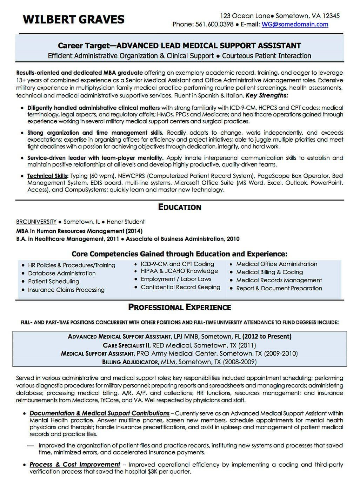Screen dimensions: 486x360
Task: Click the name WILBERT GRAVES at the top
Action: click(x=74, y=19)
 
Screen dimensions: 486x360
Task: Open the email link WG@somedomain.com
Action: click(x=295, y=24)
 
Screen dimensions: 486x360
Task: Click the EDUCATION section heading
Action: click(x=180, y=207)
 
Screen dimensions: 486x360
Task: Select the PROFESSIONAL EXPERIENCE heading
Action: click(x=180, y=308)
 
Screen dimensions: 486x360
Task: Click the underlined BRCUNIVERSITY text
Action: click(x=36, y=222)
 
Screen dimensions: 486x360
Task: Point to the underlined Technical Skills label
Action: click(x=47, y=176)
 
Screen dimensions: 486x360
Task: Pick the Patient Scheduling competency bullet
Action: click(x=53, y=281)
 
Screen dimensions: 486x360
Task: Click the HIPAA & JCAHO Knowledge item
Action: click(x=179, y=271)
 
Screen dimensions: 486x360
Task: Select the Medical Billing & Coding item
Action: click(x=269, y=272)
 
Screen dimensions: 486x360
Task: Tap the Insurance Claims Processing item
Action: click(x=66, y=290)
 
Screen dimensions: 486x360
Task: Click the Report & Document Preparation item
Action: click(x=279, y=288)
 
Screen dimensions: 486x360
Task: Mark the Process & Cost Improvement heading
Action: click(x=75, y=465)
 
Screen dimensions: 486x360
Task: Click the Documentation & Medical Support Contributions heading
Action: click(x=99, y=413)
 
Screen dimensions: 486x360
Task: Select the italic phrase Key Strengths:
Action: click(x=267, y=95)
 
